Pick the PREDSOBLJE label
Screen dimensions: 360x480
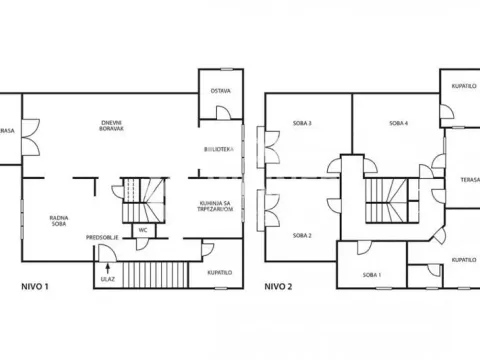(x=103, y=237)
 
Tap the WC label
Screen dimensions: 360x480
(x=143, y=229)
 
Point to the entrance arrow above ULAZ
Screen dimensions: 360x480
(x=106, y=267)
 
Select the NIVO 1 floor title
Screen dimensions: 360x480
(x=35, y=286)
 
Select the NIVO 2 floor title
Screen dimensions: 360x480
(x=278, y=286)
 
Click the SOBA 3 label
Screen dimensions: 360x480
(x=302, y=123)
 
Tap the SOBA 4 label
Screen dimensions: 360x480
(x=398, y=123)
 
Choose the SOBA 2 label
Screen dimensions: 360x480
(x=302, y=235)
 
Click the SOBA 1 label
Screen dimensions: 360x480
(x=371, y=274)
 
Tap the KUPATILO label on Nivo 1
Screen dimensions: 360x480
(x=220, y=272)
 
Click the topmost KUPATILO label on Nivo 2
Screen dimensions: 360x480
(x=461, y=86)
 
